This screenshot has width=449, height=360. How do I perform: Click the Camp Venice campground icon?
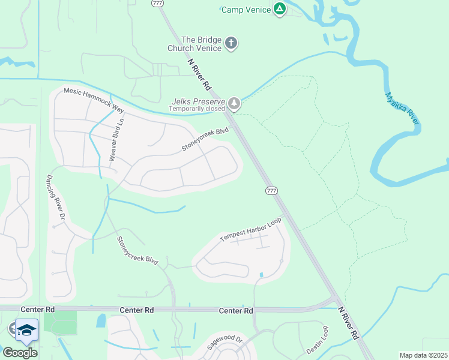click(x=280, y=9)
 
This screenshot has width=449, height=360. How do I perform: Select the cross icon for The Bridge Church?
click(x=231, y=43)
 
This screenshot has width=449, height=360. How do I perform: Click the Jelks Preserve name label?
click(x=197, y=101)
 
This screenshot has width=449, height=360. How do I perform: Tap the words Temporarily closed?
click(x=196, y=109)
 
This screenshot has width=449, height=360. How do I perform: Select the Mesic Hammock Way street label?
click(x=93, y=100)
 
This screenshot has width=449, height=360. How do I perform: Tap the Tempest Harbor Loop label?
click(x=251, y=229)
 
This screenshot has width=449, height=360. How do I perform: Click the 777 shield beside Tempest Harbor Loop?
click(x=271, y=190)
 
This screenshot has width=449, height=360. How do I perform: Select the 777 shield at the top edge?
click(x=157, y=3)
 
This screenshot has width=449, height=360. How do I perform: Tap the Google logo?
click(x=19, y=353)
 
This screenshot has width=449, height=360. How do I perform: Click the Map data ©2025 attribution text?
click(x=423, y=355)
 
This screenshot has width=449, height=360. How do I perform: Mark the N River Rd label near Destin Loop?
click(x=348, y=325)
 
